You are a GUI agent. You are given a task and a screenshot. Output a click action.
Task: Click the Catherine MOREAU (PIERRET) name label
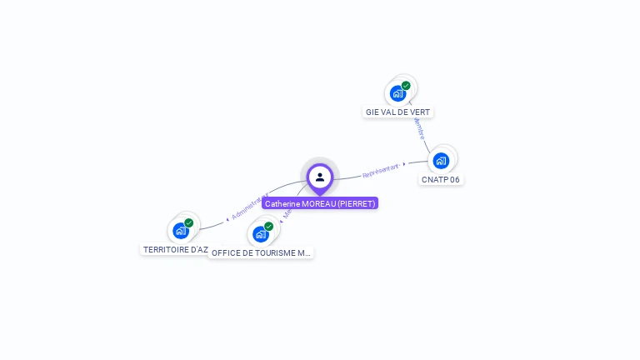(x=320, y=203)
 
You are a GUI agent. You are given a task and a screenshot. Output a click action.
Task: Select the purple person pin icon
(x=320, y=177)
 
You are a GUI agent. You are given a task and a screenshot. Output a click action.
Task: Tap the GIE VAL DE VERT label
(x=397, y=112)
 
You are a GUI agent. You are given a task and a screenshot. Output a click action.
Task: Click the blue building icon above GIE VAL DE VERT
(x=397, y=93)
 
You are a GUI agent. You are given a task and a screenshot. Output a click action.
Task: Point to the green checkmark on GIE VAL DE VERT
(x=406, y=85)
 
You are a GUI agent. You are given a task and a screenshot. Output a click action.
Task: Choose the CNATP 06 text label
(x=440, y=179)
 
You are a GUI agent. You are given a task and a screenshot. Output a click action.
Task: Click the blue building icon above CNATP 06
(x=441, y=160)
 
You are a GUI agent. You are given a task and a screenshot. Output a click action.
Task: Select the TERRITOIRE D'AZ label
(x=175, y=249)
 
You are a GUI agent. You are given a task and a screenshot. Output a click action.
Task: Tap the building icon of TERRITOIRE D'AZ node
(x=180, y=231)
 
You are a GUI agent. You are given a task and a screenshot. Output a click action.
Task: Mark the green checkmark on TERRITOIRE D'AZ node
(x=189, y=222)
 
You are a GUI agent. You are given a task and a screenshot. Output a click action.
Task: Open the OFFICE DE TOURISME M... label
(x=261, y=252)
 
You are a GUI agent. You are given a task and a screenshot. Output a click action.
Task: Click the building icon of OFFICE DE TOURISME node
(x=260, y=234)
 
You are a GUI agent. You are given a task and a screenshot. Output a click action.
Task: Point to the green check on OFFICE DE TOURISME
(x=268, y=226)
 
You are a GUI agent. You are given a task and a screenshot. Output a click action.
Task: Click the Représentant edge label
(x=381, y=171)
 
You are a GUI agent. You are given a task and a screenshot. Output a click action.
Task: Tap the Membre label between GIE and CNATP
(x=418, y=129)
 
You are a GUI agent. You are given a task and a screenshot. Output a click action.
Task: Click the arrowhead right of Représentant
(x=404, y=164)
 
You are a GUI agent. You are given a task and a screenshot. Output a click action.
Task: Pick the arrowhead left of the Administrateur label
(x=227, y=219)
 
